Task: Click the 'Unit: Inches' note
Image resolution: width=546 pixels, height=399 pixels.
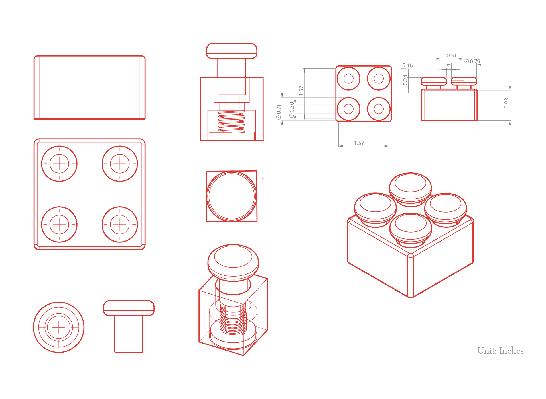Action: click(x=500, y=351)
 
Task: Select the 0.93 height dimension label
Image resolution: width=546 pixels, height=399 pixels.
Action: click(x=506, y=103)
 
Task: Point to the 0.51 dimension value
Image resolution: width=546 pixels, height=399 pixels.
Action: click(x=452, y=55)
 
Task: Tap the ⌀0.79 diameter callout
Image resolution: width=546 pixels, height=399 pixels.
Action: click(x=472, y=61)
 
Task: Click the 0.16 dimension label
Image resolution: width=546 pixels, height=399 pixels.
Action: click(x=407, y=65)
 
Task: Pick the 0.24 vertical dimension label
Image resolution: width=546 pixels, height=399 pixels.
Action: click(x=405, y=80)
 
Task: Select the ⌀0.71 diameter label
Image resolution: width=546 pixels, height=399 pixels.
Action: click(x=279, y=112)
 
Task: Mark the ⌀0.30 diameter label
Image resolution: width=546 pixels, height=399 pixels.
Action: click(x=291, y=110)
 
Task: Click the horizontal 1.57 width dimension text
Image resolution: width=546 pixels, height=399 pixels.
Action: click(x=359, y=143)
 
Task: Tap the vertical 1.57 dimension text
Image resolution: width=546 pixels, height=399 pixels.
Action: click(x=301, y=91)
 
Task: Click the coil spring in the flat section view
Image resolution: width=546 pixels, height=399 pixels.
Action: click(x=232, y=122)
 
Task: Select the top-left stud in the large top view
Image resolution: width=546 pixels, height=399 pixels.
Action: click(x=59, y=164)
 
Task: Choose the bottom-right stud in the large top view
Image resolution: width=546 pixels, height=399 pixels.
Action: click(x=120, y=224)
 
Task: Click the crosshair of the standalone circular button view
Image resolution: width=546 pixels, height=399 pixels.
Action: click(x=59, y=327)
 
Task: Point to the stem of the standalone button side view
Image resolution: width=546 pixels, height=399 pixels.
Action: click(x=129, y=334)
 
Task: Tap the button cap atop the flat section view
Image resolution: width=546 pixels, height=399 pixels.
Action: click(x=232, y=51)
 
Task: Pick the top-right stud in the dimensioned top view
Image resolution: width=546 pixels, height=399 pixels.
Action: click(x=379, y=79)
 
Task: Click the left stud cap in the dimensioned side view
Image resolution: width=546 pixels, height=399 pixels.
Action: click(x=434, y=81)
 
